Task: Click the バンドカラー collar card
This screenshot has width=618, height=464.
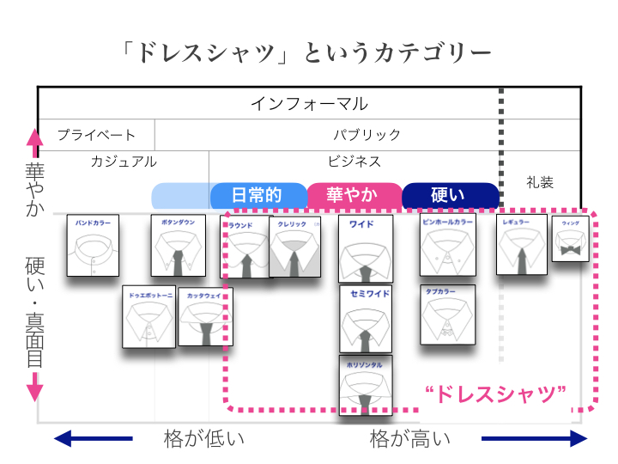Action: pos(93,245)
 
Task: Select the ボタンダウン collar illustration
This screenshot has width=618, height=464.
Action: pos(178,245)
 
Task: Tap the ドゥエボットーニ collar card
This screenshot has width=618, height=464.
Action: pos(148,316)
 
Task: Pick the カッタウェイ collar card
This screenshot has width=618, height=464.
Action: pos(204,316)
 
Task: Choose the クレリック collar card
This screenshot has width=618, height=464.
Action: pos(294,247)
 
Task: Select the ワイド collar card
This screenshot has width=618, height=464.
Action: pos(366,249)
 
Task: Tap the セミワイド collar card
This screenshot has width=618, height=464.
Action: pos(366,319)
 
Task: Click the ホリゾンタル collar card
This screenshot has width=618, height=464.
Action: pos(366,385)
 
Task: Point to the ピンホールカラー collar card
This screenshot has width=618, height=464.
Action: pos(447,245)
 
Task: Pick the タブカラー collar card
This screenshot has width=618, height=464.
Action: pos(447,314)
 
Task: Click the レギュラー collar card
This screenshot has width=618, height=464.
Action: pos(521,245)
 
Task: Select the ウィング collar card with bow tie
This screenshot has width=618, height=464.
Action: pos(570,241)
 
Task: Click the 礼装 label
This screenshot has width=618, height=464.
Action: pos(540,182)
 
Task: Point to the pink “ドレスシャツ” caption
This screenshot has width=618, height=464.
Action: pos(496,395)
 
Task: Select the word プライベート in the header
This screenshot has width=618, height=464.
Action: pos(96,135)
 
